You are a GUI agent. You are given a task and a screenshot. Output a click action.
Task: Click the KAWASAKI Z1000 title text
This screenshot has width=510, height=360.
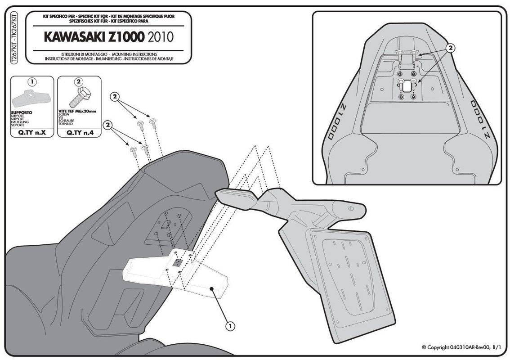click(93, 36)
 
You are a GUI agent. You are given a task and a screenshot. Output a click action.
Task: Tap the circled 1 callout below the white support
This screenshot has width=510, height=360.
click(230, 324)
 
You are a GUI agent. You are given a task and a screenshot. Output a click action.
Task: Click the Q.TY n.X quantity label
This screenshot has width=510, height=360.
click(31, 133)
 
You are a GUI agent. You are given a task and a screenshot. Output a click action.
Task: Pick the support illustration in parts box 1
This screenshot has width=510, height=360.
click(29, 96)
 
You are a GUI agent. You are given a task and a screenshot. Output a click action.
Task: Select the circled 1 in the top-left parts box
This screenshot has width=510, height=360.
click(31, 82)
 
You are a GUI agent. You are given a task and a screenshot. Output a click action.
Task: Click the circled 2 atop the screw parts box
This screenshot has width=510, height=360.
click(79, 82)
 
